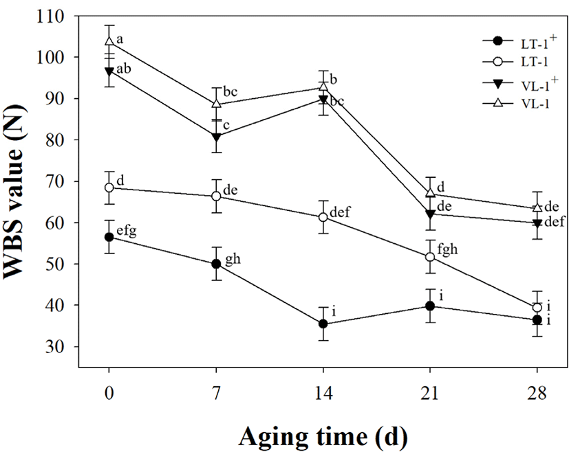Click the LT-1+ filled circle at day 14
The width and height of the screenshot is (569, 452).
(x=323, y=324)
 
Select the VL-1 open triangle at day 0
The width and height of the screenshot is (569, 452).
(x=109, y=41)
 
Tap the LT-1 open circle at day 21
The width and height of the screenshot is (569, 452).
(x=430, y=257)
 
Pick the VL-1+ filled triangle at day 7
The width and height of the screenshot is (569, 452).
(x=216, y=137)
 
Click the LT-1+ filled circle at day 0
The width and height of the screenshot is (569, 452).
(x=109, y=237)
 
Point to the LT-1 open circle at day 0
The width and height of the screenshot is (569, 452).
(x=109, y=188)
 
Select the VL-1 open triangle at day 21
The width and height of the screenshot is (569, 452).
(x=430, y=193)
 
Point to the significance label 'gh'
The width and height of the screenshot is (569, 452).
(x=232, y=259)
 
